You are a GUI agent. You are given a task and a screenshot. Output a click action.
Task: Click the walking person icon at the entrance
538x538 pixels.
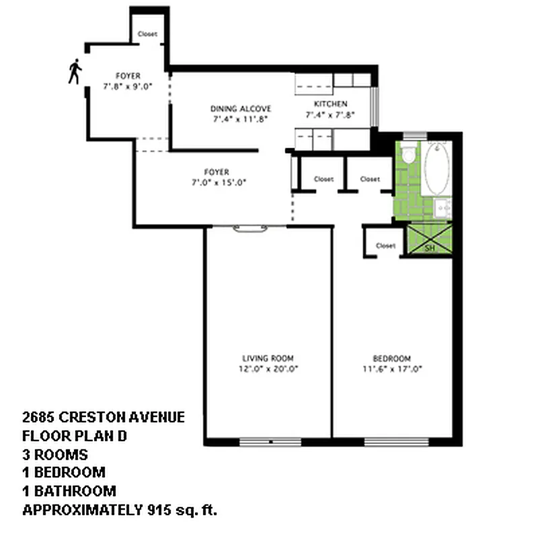[75, 71]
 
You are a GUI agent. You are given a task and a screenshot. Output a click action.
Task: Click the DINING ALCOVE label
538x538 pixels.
[231, 109]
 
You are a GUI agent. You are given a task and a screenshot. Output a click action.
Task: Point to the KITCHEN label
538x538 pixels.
[330, 104]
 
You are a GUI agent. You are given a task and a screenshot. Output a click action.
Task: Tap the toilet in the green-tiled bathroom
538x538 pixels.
[408, 157]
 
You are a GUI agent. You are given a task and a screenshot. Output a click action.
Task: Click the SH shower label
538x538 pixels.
[430, 248]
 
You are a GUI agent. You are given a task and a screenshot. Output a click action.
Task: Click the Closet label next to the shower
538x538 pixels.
[385, 245]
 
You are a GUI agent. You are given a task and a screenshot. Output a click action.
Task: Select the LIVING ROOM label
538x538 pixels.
[268, 358]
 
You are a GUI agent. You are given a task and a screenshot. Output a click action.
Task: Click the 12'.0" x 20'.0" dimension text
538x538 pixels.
[268, 369]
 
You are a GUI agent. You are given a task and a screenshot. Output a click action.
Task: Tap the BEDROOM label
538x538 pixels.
[391, 358]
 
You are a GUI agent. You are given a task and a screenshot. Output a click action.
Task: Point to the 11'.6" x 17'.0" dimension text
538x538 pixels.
[391, 369]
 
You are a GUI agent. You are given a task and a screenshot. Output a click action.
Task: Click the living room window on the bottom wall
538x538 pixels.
[269, 442]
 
